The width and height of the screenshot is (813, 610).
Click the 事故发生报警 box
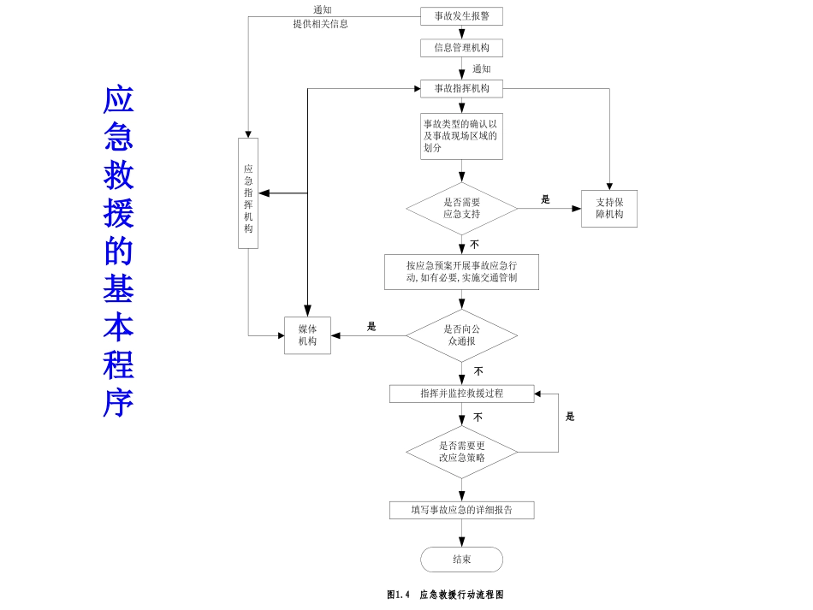[461, 16]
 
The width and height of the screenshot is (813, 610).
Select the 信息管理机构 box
[461, 48]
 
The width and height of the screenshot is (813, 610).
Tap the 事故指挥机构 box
[461, 89]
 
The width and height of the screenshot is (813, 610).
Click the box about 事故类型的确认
[461, 136]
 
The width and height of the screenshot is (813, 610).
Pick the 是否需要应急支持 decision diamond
[461, 209]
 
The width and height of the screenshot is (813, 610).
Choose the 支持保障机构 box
[609, 209]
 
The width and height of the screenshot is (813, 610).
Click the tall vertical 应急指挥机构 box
[248, 193]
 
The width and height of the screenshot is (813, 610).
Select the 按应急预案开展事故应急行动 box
[461, 271]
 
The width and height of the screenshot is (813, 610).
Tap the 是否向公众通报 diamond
[461, 335]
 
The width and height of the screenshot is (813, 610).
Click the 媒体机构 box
[307, 335]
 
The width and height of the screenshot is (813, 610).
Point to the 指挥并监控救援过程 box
[461, 394]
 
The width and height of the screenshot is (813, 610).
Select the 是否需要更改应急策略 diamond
[461, 452]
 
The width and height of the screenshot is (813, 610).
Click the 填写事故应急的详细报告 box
[461, 510]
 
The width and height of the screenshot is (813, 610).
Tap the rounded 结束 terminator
[461, 560]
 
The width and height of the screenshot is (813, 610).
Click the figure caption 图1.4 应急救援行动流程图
[445, 595]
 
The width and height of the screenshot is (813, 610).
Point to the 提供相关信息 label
[320, 24]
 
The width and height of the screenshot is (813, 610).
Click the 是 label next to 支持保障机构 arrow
[545, 199]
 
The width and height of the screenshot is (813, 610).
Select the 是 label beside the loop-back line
[570, 417]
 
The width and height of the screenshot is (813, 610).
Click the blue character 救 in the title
[119, 175]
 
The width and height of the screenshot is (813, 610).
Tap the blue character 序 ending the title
[119, 402]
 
